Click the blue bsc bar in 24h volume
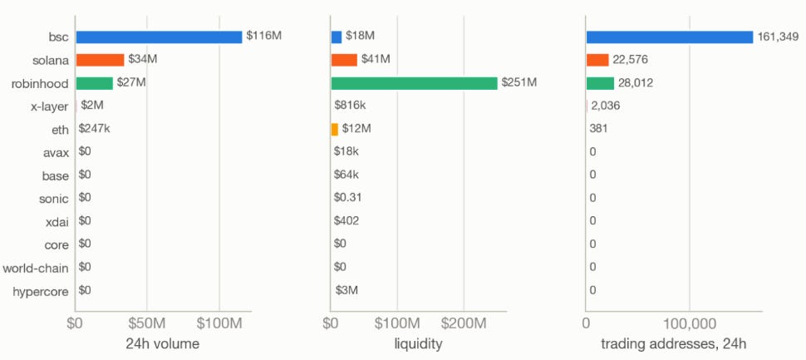coord(159,37)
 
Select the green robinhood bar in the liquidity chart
coord(415,83)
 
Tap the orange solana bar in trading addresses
coord(597,60)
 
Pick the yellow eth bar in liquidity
coord(335,129)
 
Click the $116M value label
coord(264,36)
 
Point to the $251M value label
coord(519,83)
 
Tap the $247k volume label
coord(95,129)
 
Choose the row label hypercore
coord(41,292)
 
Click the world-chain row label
coord(36,268)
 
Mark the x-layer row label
coord(49,107)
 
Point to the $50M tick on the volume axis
coord(147,324)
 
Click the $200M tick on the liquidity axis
coord(464,324)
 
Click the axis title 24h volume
coord(162,344)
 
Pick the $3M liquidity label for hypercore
coord(347,290)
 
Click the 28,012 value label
coord(636,83)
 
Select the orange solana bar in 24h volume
coord(101,60)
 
